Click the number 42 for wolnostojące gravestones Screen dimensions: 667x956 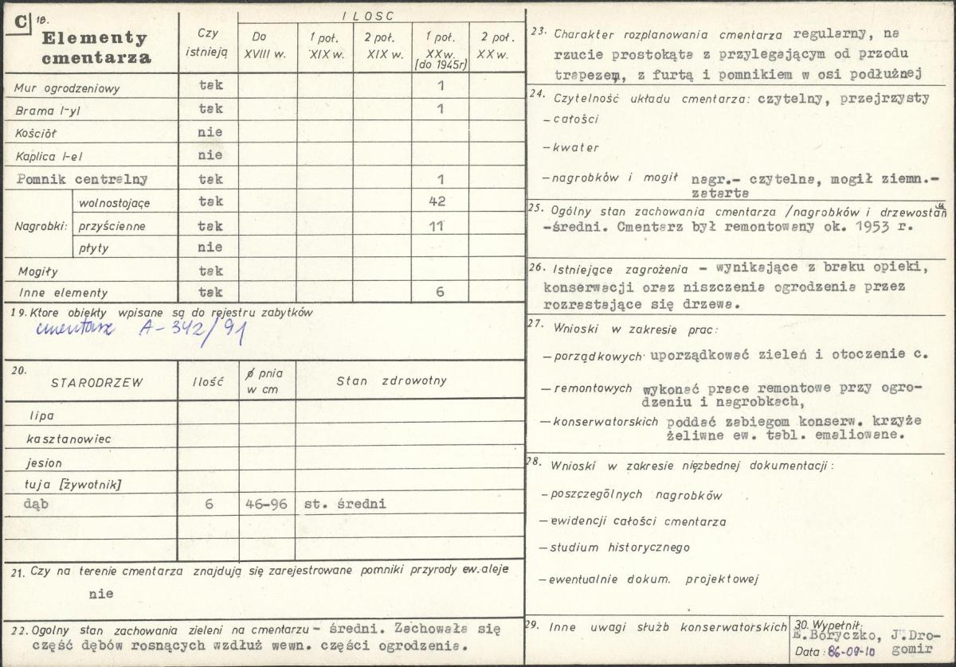tap(437, 202)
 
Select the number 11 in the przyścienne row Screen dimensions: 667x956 tap(437, 226)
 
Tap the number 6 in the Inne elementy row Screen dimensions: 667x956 tap(439, 292)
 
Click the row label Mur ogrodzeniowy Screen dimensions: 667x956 tap(67, 88)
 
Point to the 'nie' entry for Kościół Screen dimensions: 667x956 tap(210, 132)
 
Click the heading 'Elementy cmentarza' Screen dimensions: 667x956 tap(96, 47)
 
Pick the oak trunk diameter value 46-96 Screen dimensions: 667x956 tap(267, 505)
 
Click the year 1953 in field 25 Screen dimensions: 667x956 tap(867, 226)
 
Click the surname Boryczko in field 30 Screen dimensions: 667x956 tap(840, 636)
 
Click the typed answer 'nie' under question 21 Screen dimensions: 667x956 tap(100, 594)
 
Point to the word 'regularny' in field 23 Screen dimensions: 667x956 tap(828, 34)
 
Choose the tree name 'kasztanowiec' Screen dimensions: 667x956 tap(69, 439)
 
